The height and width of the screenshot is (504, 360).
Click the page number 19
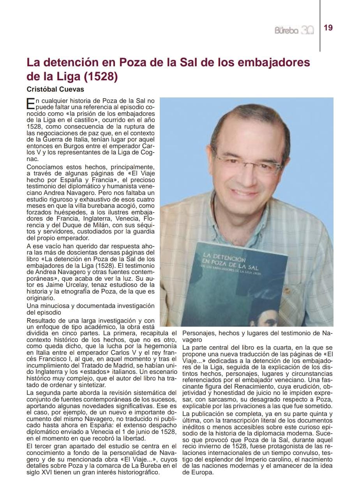click(328, 28)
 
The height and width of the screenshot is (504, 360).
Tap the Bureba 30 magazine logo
click(294, 30)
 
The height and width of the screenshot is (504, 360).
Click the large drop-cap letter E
click(30, 103)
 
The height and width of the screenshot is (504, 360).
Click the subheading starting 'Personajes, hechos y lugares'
click(256, 334)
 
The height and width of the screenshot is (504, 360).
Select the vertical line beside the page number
click(320, 26)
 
